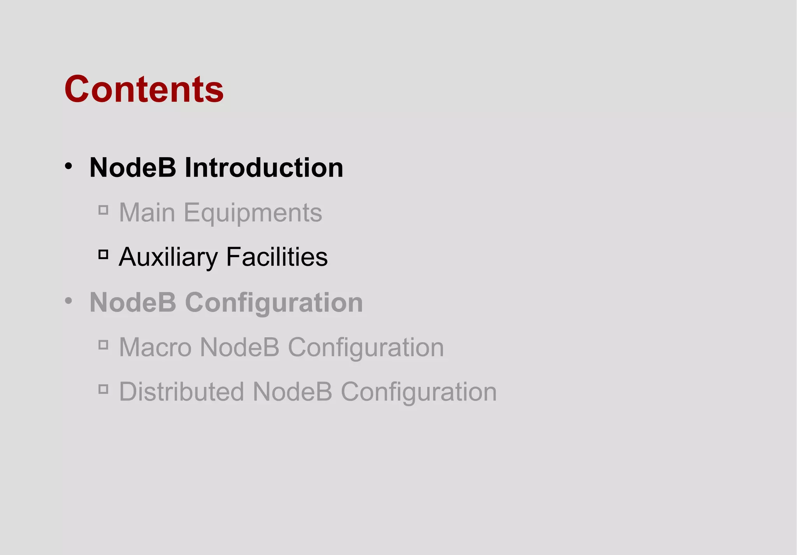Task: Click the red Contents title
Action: tap(144, 89)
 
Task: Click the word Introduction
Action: tap(263, 168)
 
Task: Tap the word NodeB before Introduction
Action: tap(133, 168)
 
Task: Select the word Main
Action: tap(147, 213)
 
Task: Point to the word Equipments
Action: tap(253, 214)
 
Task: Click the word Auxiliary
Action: tap(168, 257)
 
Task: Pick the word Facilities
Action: tap(277, 257)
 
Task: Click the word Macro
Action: tap(155, 347)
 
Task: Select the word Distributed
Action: tap(181, 391)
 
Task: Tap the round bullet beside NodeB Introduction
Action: tap(68, 166)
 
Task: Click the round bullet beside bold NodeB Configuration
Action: tap(68, 301)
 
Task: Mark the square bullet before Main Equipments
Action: tap(103, 210)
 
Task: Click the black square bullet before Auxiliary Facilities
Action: tap(103, 255)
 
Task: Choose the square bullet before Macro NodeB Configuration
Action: tap(103, 345)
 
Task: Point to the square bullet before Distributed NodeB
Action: tap(103, 389)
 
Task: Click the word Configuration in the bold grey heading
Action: tap(274, 303)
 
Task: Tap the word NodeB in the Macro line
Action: tap(239, 347)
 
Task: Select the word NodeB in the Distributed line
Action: tap(292, 391)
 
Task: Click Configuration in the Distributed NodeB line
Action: tap(419, 392)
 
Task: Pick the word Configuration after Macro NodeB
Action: tap(366, 348)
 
